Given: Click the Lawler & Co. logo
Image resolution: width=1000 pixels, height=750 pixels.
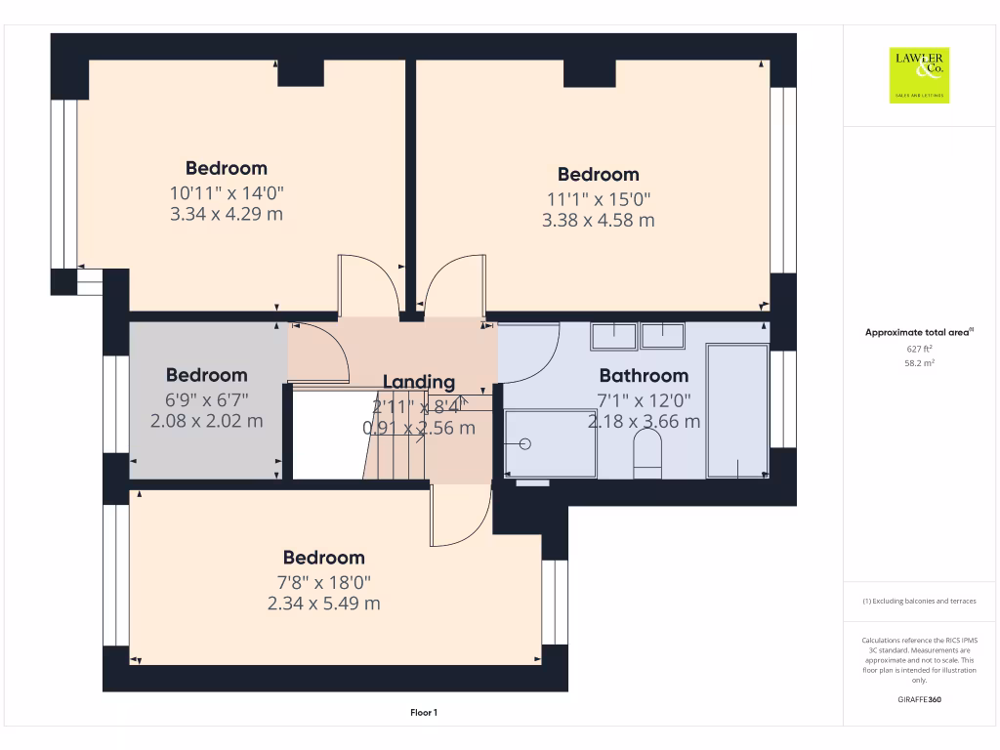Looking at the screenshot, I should (919, 75).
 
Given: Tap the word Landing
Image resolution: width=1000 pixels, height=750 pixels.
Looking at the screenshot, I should (418, 382).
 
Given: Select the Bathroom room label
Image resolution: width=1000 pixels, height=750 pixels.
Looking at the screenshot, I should (644, 375).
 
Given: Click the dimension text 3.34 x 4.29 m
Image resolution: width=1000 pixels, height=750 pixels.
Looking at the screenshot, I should (227, 214).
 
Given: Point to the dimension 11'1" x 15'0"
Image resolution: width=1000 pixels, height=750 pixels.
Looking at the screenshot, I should (598, 199).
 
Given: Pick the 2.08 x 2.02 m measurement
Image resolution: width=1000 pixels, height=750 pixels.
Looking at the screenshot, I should (206, 421).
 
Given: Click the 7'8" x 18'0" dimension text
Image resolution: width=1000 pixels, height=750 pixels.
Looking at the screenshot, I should (323, 582).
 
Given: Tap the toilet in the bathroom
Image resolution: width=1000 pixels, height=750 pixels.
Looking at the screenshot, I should (647, 455).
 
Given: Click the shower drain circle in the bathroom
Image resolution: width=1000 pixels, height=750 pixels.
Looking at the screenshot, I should (524, 444).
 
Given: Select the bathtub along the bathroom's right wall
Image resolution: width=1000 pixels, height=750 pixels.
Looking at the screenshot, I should (736, 410).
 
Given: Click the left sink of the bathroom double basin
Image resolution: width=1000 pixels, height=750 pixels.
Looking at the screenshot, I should (613, 336).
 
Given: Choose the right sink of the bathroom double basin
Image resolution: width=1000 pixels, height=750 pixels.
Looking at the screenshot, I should (664, 336).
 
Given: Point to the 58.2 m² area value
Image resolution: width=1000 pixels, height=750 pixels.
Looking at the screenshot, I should (919, 362).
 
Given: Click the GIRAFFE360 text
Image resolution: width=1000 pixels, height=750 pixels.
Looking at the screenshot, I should (919, 700).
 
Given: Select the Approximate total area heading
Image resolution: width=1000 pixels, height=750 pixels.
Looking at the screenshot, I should (918, 333).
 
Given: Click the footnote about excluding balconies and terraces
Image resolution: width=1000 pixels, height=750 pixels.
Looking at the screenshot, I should (919, 602).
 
